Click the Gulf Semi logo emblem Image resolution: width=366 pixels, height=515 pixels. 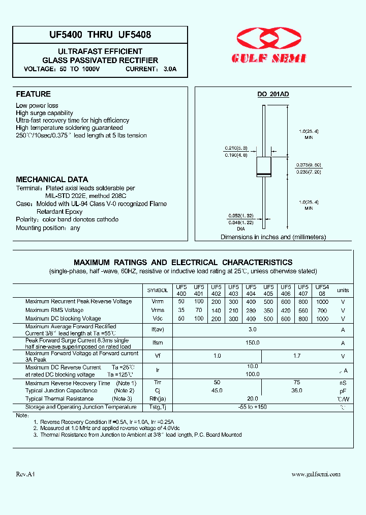coord(270,40)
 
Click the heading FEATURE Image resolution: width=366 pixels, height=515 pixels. coord(34,94)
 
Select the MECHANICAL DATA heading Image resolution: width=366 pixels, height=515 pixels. coord(52,180)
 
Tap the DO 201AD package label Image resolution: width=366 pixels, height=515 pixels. coord(272,95)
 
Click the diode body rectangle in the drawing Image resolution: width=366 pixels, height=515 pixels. coord(263,167)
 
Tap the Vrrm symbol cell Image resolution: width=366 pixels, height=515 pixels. coord(158,301)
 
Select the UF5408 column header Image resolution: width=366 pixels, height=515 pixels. coord(322,290)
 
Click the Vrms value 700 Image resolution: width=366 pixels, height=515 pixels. coord(322,310)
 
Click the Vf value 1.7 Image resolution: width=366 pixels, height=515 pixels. coord(297,356)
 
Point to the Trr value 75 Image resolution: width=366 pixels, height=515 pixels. coord(297,382)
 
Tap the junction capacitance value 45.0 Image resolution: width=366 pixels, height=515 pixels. coord(217,390)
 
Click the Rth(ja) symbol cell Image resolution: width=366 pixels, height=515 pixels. coord(158,399)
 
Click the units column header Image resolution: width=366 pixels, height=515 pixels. coord(343,290)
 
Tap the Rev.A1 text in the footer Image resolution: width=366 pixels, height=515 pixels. coord(25,474)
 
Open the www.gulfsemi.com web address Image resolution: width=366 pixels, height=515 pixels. coord(316,474)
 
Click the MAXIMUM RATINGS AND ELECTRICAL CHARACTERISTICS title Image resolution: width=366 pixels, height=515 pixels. coord(183,263)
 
